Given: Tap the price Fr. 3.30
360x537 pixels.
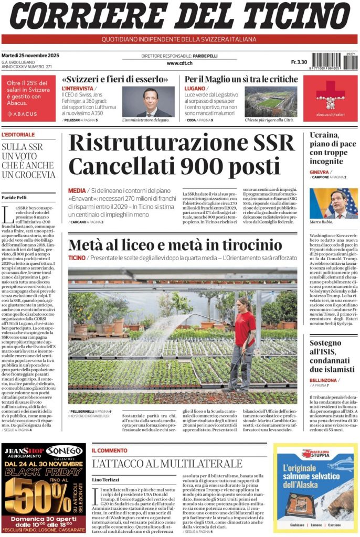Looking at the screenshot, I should pos(299,62).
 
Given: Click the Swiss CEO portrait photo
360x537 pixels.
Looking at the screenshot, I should pos(149,102).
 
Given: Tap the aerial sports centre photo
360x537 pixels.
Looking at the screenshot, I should pos(270,101).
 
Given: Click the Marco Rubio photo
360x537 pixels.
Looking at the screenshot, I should pos(333,203).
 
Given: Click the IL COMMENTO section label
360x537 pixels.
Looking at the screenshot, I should pos(110,450).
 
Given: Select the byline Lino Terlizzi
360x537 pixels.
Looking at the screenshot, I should pos(105,479).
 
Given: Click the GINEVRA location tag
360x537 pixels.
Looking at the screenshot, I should pos(320,172).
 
